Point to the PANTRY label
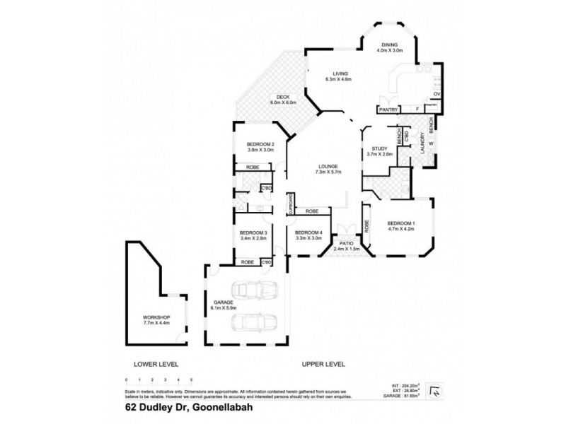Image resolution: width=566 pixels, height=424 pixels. coord(387,110)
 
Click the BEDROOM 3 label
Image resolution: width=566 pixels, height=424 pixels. coord(253,233)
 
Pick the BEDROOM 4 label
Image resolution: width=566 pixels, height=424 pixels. coord(308,233)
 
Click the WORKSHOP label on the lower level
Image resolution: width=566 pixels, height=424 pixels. coord(156,318)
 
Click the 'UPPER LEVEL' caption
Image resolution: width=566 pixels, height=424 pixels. coord(323,364)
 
